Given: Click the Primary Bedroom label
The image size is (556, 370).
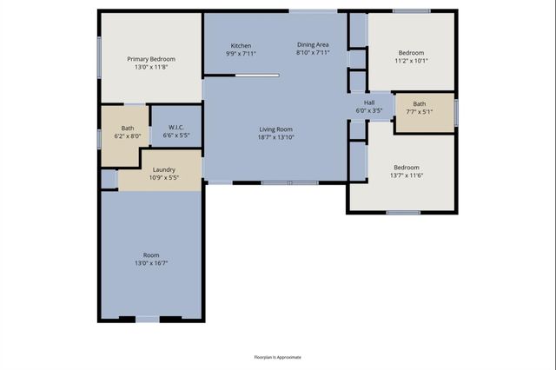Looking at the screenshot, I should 151,59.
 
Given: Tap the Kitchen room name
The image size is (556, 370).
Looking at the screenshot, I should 241,45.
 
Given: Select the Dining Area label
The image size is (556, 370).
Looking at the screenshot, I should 313,45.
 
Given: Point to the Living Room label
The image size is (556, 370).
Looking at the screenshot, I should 276,129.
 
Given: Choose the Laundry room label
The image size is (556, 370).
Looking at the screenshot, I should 164,169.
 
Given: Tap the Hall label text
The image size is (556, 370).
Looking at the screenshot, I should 369,102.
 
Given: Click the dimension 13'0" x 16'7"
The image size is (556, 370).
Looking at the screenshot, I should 151,263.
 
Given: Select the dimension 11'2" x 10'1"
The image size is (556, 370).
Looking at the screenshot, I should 411,62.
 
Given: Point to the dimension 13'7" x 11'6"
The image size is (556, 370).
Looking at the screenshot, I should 406,176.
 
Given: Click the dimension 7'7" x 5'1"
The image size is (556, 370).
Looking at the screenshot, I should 420,112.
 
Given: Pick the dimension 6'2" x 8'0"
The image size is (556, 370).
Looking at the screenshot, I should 127,136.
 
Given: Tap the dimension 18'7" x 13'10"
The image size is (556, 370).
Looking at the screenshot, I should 276,137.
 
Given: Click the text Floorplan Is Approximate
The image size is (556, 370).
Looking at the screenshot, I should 277,357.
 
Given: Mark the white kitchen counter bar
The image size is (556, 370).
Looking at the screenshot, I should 257,76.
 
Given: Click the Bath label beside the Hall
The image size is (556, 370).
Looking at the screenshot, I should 420,103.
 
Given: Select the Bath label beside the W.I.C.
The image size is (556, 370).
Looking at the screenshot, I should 127,128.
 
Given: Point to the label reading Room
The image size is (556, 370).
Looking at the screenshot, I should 151,254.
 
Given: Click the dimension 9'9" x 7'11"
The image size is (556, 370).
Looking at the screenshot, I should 241,54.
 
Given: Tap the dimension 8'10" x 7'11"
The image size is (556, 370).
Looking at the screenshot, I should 313,54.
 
